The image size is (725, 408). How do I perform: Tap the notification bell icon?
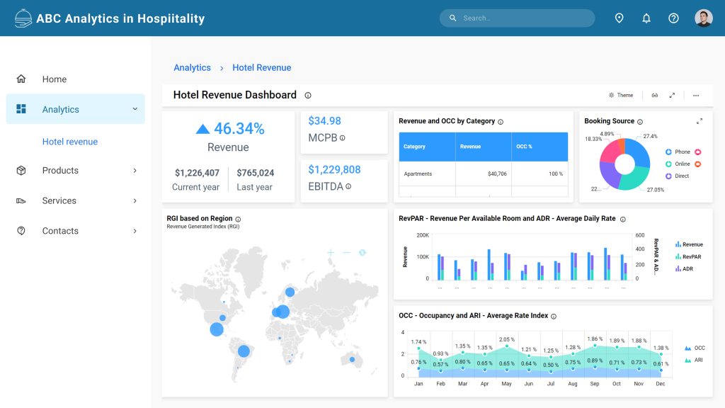tap(646, 18)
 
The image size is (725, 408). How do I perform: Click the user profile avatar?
tap(703, 18)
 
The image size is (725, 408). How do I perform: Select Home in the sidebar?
tap(55, 79)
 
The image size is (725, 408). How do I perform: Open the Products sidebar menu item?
tap(60, 171)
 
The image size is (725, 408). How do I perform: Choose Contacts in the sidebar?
tap(60, 231)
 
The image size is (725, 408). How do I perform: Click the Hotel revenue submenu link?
tap(70, 142)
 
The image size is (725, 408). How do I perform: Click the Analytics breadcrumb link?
tap(192, 68)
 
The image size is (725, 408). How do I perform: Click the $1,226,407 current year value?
tap(197, 173)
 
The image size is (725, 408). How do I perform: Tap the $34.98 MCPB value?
tap(325, 121)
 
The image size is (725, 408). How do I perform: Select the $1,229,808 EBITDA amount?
tap(334, 170)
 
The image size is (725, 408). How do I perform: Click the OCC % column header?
tap(525, 147)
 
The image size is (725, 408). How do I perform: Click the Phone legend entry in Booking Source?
tap(682, 152)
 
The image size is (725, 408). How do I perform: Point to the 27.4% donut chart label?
tap(650, 136)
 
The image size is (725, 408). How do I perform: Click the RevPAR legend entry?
tap(691, 257)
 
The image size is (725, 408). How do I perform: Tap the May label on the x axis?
tap(506, 384)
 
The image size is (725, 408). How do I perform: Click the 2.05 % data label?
tap(506, 339)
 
